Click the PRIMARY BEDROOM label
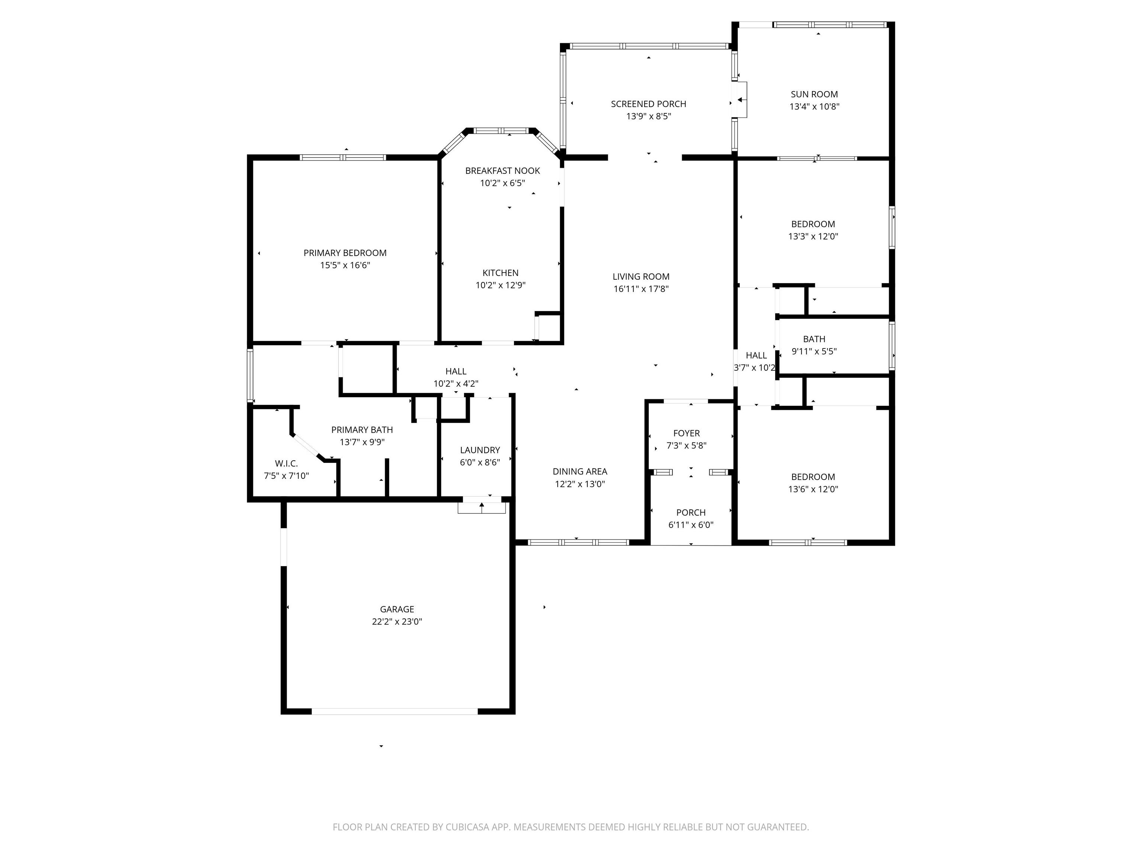click(x=345, y=253)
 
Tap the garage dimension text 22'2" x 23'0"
click(x=397, y=622)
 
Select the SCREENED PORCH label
click(x=648, y=104)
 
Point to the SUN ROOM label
click(x=814, y=94)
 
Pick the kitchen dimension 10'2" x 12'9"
click(x=500, y=285)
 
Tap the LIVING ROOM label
click(x=641, y=276)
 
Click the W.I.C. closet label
click(x=286, y=463)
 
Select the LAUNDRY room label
click(x=480, y=450)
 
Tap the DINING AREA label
click(x=580, y=471)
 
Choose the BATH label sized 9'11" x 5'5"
click(x=814, y=339)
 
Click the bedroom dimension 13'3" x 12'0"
click(x=813, y=237)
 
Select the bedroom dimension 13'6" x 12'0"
click(x=813, y=490)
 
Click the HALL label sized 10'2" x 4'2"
click(x=456, y=372)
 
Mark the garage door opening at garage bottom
click(x=394, y=711)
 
